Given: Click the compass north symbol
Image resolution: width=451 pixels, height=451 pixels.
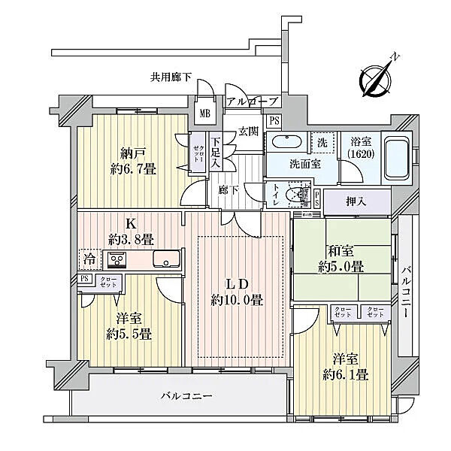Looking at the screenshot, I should (377, 77).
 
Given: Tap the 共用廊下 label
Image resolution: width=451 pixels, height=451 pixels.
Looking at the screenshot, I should (171, 76).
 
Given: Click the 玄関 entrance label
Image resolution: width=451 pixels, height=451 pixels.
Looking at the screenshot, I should (249, 131).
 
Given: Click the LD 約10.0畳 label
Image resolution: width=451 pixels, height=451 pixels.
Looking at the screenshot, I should (236, 291).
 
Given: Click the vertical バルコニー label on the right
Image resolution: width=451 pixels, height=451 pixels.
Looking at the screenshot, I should (406, 293).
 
